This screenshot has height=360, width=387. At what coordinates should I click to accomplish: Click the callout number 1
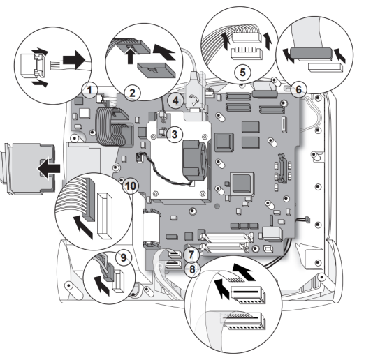click(89, 90)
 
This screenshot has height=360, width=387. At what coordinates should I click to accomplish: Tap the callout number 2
click(132, 93)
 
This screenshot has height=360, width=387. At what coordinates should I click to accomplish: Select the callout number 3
click(175, 135)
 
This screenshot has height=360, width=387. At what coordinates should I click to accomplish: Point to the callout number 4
click(175, 100)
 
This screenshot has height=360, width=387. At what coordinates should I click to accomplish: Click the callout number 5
click(243, 73)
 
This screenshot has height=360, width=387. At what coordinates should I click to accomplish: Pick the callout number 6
click(299, 89)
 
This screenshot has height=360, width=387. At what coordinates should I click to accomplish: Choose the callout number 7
click(191, 255)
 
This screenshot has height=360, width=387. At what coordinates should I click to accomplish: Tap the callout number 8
click(192, 269)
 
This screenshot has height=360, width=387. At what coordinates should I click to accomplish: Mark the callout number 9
click(123, 258)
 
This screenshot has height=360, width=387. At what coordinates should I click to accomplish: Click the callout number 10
click(131, 186)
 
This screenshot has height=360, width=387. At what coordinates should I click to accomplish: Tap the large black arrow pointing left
click(49, 168)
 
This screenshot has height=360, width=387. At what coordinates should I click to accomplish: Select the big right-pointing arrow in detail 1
click(74, 60)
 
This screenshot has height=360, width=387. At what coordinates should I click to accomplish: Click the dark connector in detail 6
click(311, 53)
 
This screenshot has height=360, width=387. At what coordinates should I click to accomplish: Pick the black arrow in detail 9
click(102, 285)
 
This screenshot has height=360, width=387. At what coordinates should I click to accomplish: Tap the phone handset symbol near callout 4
click(193, 99)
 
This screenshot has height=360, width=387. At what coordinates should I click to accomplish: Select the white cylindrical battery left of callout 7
click(152, 227)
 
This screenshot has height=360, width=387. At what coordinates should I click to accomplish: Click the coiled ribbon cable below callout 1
click(111, 126)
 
